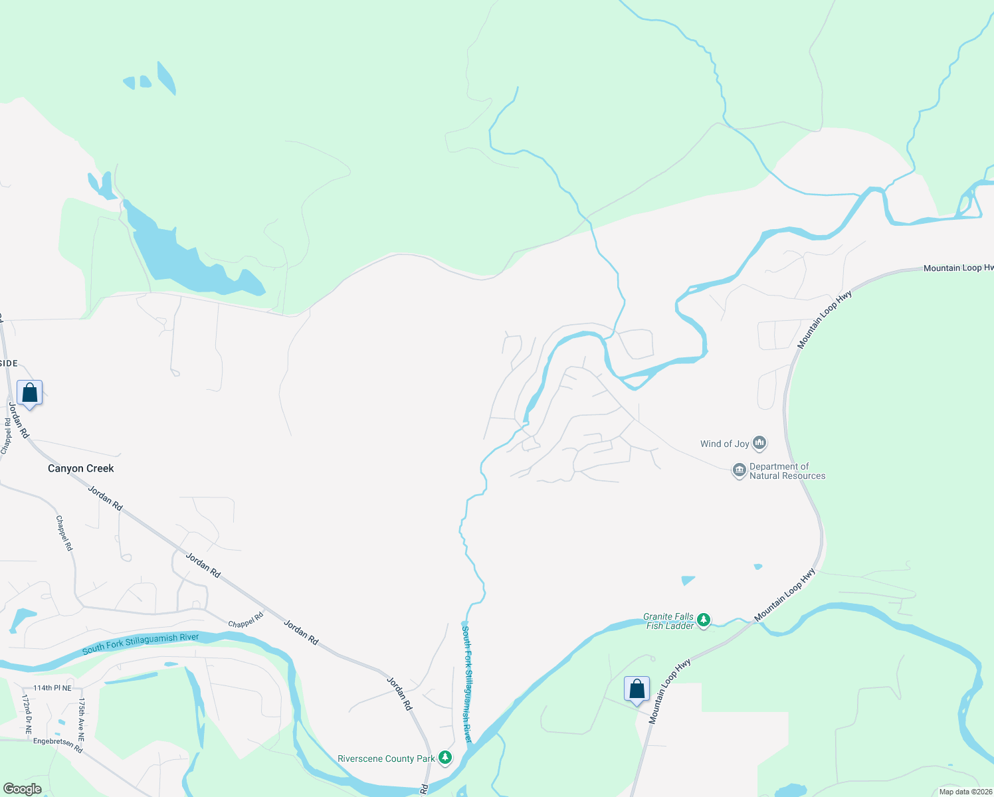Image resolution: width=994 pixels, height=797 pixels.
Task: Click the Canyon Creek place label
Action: [81, 468]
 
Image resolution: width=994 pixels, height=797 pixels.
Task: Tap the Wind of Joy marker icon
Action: [760, 443]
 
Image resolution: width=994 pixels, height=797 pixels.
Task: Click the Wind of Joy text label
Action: [725, 444]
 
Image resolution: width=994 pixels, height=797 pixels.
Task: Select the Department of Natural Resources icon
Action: [739, 471]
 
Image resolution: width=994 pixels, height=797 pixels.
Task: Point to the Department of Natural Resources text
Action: [787, 471]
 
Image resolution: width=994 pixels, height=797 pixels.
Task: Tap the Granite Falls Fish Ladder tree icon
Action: [704, 620]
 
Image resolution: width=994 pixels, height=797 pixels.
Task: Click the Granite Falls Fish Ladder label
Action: [668, 621]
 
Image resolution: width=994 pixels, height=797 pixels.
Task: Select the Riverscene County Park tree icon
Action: [445, 758]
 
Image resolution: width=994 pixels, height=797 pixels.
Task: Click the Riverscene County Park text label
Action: [386, 758]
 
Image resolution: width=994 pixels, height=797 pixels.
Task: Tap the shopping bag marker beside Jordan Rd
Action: [30, 393]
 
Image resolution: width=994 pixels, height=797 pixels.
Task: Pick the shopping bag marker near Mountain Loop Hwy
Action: [637, 689]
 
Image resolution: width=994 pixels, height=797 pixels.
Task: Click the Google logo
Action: [22, 789]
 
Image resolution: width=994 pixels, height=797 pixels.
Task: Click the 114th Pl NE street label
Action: [52, 688]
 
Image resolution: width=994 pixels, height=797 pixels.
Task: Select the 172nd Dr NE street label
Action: [27, 714]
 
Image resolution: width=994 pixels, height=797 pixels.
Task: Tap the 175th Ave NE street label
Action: [82, 719]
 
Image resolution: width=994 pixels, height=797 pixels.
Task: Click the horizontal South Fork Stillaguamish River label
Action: [141, 644]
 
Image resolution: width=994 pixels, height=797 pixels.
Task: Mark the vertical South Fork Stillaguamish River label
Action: [468, 684]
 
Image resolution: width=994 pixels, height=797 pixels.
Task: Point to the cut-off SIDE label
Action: [9, 363]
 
